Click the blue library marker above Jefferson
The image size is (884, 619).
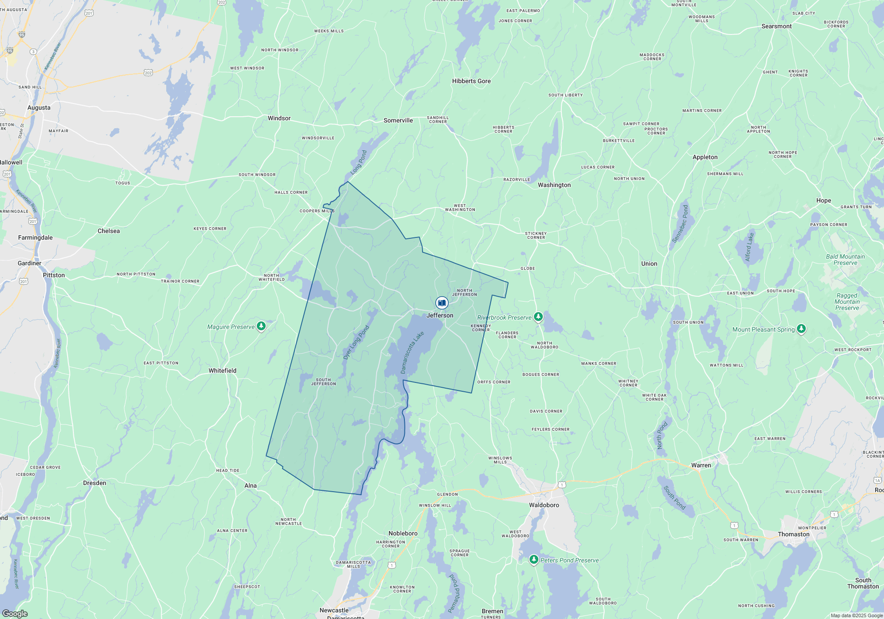[x=442, y=303]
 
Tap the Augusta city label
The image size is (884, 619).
[x=39, y=107]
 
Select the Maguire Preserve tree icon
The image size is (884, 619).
[x=261, y=326]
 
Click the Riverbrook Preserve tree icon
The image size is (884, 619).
[x=538, y=317]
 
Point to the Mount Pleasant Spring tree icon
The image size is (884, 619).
[x=801, y=329]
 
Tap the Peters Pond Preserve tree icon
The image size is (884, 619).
[x=534, y=559]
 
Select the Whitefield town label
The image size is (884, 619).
[x=222, y=371]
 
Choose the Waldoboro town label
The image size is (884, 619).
[x=544, y=505]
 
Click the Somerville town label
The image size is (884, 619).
[x=398, y=120]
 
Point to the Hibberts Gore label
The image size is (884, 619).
[x=471, y=81]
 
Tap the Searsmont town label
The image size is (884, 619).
[x=776, y=27]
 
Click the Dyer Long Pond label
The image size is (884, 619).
[x=356, y=342]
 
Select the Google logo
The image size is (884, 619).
[x=15, y=614]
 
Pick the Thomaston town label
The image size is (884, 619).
[x=793, y=534]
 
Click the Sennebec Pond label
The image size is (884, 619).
[x=680, y=224]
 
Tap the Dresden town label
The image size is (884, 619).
[x=95, y=483]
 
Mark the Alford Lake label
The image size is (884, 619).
[x=749, y=247]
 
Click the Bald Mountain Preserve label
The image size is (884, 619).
[x=845, y=260]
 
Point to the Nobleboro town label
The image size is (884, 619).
[x=403, y=533]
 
